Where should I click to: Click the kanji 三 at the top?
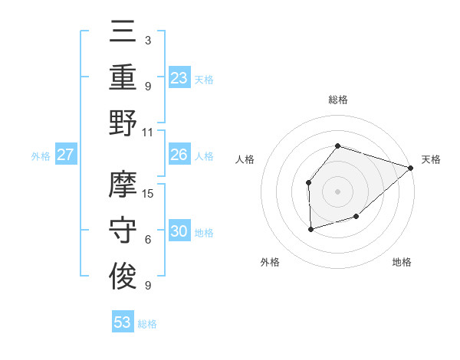pyautogui.click(x=123, y=33)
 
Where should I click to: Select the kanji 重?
pyautogui.click(x=123, y=77)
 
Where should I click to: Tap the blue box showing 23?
pyautogui.click(x=179, y=77)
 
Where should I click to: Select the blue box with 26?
pyautogui.click(x=179, y=155)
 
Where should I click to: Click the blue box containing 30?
pyautogui.click(x=179, y=231)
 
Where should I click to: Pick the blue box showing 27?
pyautogui.click(x=66, y=155)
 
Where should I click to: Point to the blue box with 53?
pyautogui.click(x=123, y=322)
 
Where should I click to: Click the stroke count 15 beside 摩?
pyautogui.click(x=149, y=194)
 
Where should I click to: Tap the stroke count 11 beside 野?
pyautogui.click(x=149, y=132)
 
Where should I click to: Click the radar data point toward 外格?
pyautogui.click(x=310, y=229)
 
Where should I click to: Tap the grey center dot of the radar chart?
pyautogui.click(x=337, y=191)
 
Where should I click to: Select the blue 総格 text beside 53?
pyautogui.click(x=148, y=324)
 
